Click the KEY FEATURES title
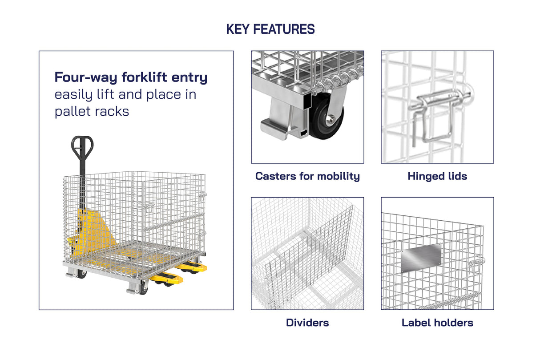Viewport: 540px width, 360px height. coord(270,29)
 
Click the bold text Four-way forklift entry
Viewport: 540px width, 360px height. coord(131,77)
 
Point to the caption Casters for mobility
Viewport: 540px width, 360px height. coord(307,176)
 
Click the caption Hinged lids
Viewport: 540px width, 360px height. coord(437,176)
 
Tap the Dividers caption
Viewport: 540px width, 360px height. coord(307,323)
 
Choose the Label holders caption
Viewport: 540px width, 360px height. coord(437,323)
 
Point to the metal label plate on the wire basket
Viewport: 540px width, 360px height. coord(421,257)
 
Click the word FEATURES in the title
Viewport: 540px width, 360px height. coord(284,29)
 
